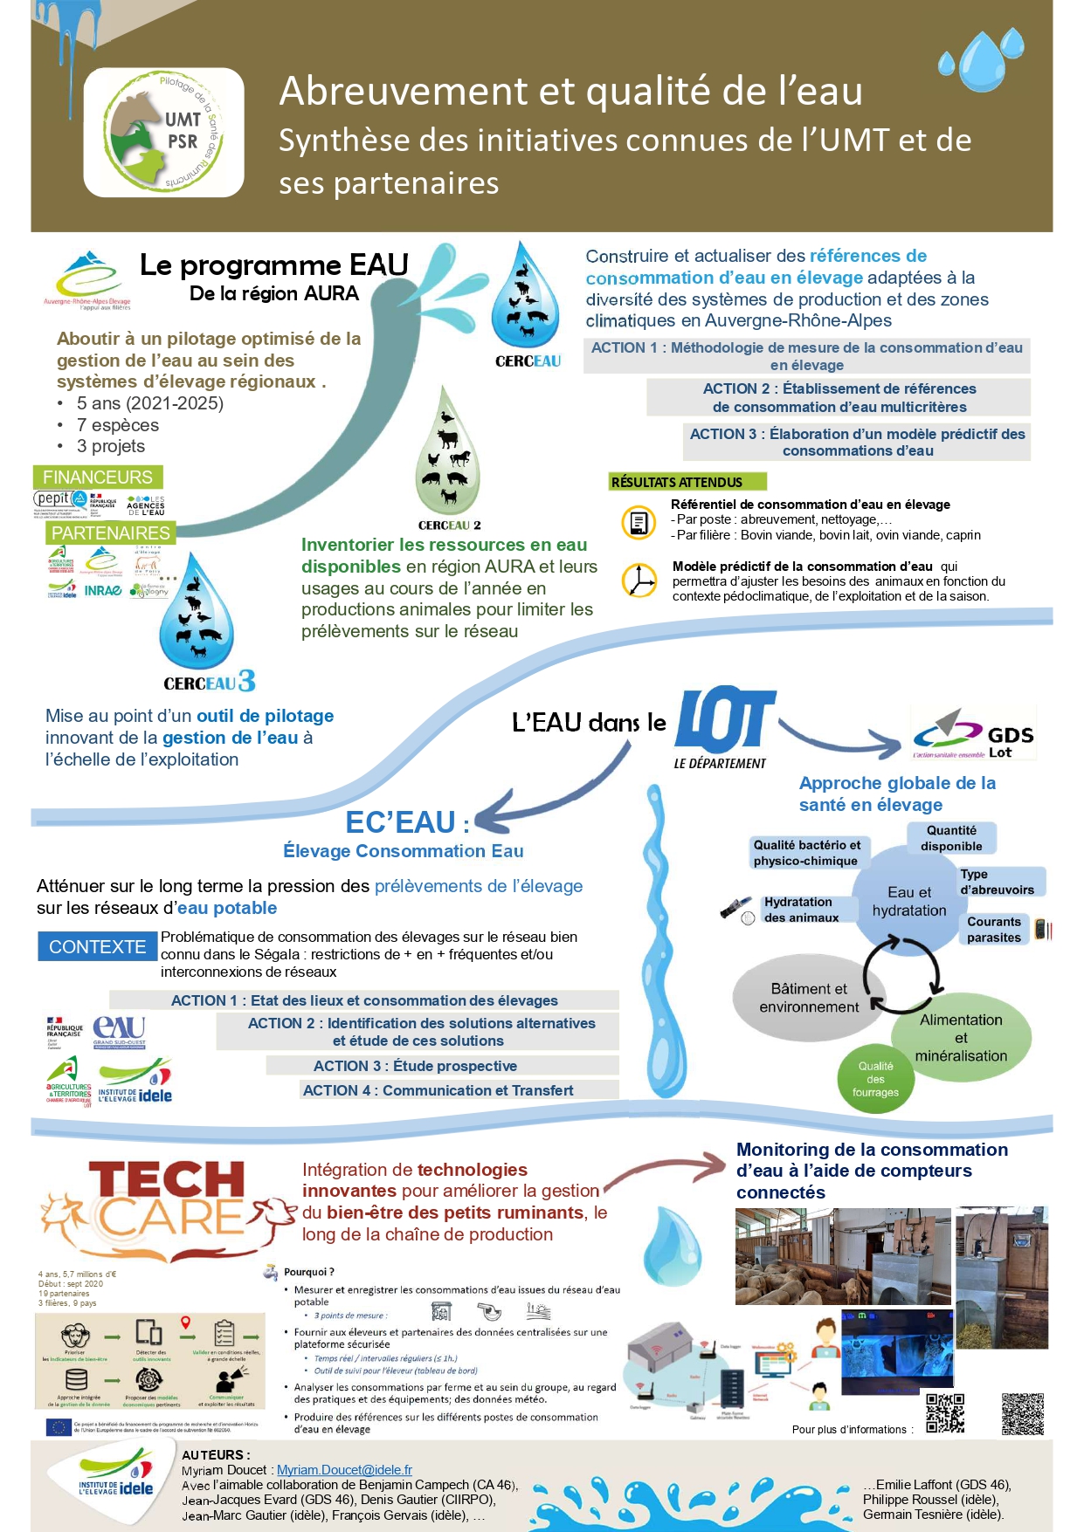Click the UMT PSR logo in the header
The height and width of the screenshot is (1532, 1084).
click(x=163, y=133)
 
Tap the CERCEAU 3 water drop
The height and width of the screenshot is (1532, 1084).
click(x=197, y=615)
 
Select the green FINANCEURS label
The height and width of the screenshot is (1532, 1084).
click(x=98, y=477)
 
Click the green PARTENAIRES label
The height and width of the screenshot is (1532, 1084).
click(x=110, y=532)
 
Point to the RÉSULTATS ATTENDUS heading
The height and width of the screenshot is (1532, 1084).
click(x=687, y=482)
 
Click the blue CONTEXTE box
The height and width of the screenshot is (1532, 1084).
click(x=97, y=947)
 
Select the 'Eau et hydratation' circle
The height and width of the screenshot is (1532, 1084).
click(x=908, y=902)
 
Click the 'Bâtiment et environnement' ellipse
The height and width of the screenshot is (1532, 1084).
click(x=809, y=998)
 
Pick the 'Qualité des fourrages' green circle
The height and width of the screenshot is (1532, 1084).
click(x=875, y=1080)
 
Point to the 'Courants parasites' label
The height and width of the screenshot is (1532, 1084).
click(x=994, y=930)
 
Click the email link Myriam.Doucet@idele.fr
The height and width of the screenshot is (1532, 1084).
click(x=344, y=1470)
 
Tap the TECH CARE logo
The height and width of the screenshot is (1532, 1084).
click(x=169, y=1209)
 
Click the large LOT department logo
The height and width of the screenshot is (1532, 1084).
click(x=723, y=722)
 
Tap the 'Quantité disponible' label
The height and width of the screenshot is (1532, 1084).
click(x=951, y=838)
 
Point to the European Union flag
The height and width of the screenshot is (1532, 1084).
click(x=59, y=1427)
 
